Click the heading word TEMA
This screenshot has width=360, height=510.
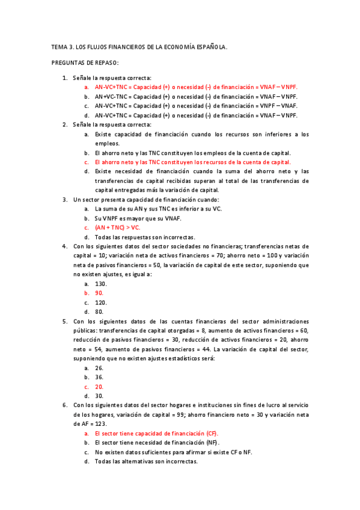coord(58,46)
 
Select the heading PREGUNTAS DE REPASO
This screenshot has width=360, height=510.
coord(85,63)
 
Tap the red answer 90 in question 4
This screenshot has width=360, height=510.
coord(99,293)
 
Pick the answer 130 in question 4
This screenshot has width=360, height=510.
coord(100,283)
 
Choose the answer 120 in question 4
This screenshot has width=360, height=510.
coord(100,303)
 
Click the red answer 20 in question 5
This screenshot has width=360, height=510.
coord(99,387)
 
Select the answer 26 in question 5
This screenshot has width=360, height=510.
coord(99,367)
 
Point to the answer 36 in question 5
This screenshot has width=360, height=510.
coord(99,377)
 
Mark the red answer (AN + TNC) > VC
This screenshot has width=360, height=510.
coord(117,228)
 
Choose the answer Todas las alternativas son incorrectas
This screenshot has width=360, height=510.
coord(146,462)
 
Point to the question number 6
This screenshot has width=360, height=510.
coord(65,405)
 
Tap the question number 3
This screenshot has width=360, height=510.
coord(65,200)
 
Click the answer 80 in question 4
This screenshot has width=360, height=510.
coord(99,312)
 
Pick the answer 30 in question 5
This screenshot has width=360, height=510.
coord(99,396)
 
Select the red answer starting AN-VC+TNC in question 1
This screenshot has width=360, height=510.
coord(196,87)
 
